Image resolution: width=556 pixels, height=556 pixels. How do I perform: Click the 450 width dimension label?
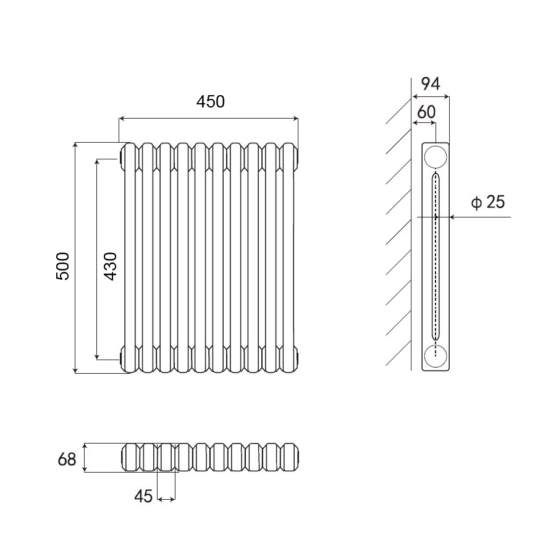click(211, 102)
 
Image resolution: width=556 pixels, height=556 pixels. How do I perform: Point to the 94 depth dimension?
click(430, 84)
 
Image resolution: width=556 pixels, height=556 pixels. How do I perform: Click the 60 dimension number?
click(426, 112)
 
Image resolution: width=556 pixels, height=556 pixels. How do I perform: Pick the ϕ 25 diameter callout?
click(488, 202)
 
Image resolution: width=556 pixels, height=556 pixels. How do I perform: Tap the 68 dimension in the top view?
click(67, 459)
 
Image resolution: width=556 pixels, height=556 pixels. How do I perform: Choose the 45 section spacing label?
click(143, 496)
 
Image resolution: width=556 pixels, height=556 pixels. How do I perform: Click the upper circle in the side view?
click(436, 157)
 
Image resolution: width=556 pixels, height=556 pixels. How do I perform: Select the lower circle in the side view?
click(436, 356)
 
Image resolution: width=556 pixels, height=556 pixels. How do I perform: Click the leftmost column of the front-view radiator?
click(129, 258)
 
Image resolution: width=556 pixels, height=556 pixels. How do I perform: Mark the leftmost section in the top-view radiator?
click(131, 458)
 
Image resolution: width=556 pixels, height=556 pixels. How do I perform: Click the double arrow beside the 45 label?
click(166, 498)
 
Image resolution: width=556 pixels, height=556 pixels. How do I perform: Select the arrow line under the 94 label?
click(431, 96)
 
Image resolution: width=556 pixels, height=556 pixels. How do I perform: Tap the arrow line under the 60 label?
click(424, 123)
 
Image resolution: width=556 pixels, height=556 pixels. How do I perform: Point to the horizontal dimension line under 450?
click(208, 117)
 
